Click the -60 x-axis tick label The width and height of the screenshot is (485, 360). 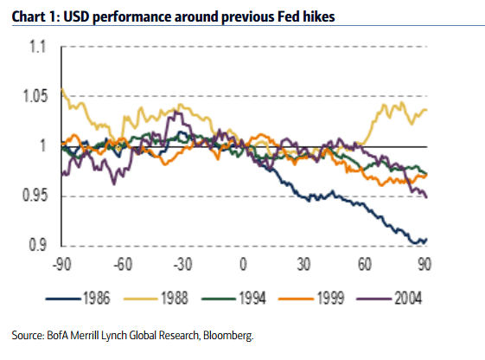click(121, 264)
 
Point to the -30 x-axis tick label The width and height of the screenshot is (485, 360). click(182, 264)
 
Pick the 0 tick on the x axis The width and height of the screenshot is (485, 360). click(244, 264)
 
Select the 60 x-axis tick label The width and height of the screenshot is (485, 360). click(365, 264)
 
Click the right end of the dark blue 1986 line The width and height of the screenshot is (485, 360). click(426, 240)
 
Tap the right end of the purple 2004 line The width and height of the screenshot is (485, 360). click(426, 196)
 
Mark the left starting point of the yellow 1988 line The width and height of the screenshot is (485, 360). click(61, 88)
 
